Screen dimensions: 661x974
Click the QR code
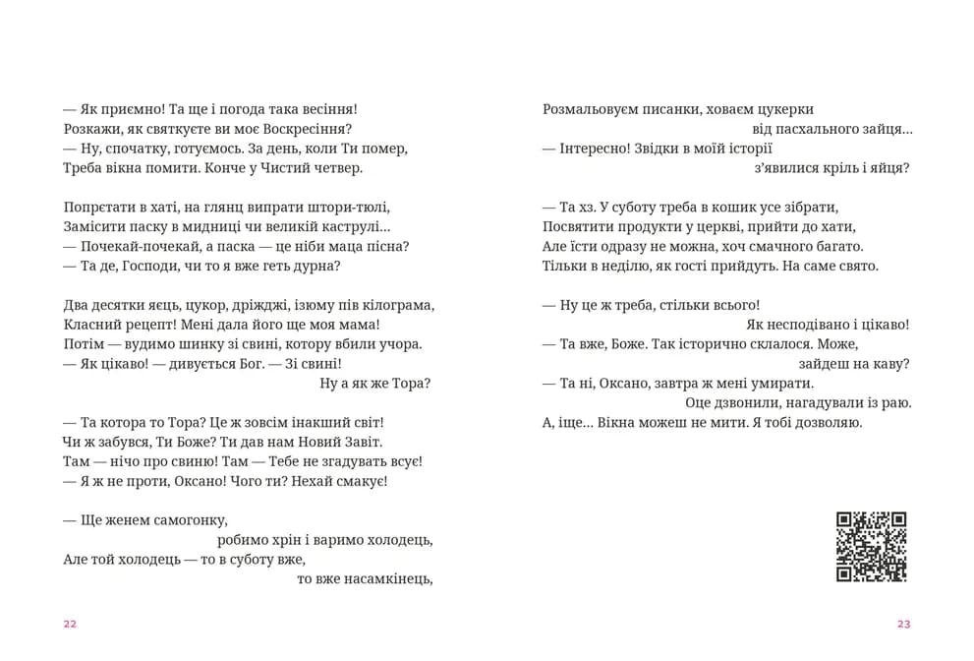click(x=871, y=547)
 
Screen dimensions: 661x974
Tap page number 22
click(x=69, y=624)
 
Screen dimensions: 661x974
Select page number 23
click(x=904, y=624)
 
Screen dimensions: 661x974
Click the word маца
click(x=337, y=246)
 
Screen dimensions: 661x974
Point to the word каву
click(x=891, y=364)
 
